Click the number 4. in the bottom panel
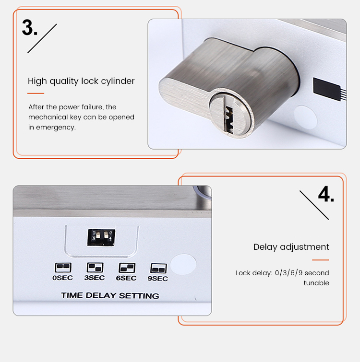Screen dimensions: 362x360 click(326, 195)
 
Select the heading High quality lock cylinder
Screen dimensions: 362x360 click(81, 81)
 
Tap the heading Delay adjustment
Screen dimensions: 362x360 click(291, 247)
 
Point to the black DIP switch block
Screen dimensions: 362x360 click(101, 236)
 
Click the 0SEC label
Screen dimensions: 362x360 click(63, 278)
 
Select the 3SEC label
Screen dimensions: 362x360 click(95, 278)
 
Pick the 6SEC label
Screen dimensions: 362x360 click(127, 278)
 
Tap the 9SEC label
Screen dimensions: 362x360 click(158, 279)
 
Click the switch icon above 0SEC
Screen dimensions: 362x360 click(63, 267)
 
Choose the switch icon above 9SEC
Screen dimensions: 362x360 click(158, 268)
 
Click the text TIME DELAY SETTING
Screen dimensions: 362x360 click(110, 295)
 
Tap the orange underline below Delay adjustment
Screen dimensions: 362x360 click(320, 260)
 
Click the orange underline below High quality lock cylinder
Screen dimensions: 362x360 click(36, 93)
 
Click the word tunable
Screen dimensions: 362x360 click(316, 283)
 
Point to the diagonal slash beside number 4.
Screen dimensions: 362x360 click(314, 205)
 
